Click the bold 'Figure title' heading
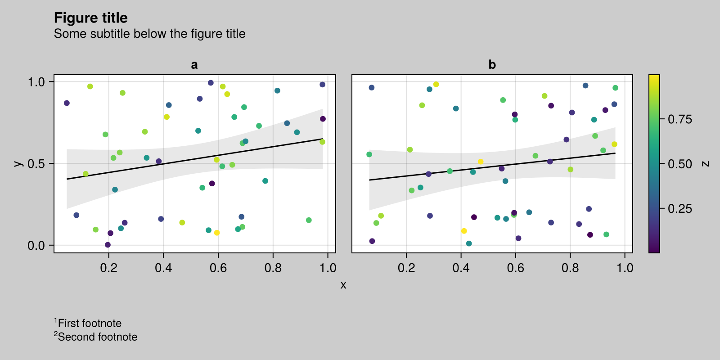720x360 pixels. tap(90, 18)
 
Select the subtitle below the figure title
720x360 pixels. tap(149, 34)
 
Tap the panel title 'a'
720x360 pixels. tap(194, 65)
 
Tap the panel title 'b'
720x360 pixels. tap(492, 65)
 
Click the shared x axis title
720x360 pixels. tap(343, 285)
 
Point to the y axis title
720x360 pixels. tap(18, 164)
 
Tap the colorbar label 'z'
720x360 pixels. tap(705, 164)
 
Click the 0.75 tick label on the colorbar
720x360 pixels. tap(680, 119)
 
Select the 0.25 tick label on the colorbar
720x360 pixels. tap(680, 209)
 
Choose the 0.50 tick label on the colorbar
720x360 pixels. tap(680, 164)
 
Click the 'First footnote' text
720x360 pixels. tap(88, 323)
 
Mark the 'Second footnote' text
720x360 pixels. tap(95, 337)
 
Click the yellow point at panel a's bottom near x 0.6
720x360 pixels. tap(217, 233)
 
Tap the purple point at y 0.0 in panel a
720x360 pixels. tap(108, 245)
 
